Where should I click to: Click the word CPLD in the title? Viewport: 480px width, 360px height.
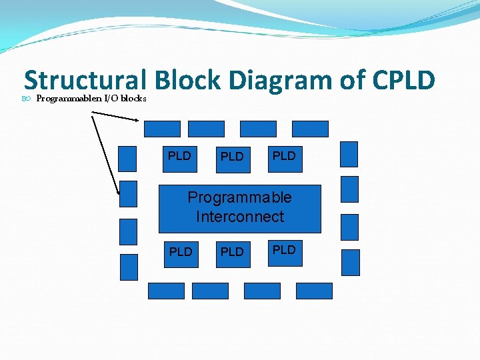(x=404, y=80)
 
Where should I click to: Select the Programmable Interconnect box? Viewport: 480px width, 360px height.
(x=239, y=208)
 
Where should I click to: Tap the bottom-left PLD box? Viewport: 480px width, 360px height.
(x=181, y=253)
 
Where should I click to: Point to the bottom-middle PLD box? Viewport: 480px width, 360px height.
(x=232, y=253)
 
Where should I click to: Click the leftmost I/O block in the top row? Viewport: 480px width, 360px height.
(x=163, y=129)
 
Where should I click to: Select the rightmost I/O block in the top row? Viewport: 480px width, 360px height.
(x=311, y=129)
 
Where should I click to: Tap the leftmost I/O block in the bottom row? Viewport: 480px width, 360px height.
(x=165, y=291)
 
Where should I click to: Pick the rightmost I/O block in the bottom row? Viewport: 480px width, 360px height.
(x=314, y=291)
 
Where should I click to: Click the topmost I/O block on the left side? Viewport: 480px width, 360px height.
(x=127, y=159)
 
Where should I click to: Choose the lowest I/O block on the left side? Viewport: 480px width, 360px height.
(x=129, y=267)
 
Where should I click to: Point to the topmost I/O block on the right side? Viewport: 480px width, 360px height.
(x=349, y=154)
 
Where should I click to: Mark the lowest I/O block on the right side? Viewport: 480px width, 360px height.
(x=350, y=262)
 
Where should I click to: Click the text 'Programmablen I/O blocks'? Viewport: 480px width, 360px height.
(x=91, y=99)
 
